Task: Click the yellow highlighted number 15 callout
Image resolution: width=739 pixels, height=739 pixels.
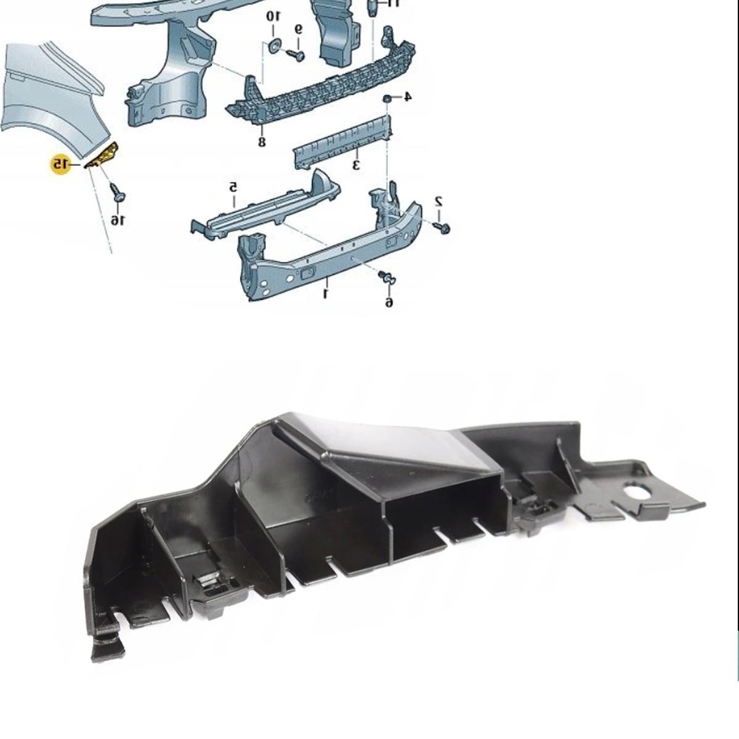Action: (60, 164)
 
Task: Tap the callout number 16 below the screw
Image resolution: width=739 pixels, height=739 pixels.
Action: (118, 220)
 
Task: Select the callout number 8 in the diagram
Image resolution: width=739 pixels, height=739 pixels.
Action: (262, 142)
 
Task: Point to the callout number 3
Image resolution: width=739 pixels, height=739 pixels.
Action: (356, 165)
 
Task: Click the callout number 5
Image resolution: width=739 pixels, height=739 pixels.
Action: (233, 188)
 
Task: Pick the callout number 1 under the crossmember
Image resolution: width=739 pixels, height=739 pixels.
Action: (326, 294)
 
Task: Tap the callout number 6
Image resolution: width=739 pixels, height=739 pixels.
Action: (389, 302)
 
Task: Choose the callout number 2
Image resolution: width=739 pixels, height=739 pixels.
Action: (438, 201)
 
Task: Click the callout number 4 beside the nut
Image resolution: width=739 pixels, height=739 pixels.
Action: (407, 97)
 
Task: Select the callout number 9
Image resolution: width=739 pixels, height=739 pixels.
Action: (299, 29)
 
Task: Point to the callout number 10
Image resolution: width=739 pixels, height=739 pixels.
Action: (273, 17)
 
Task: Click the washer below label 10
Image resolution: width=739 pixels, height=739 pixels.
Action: (274, 46)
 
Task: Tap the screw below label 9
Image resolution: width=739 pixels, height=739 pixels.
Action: (296, 55)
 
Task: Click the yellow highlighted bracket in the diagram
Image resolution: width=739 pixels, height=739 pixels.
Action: (103, 155)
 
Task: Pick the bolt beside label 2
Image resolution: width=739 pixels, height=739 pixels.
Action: (442, 227)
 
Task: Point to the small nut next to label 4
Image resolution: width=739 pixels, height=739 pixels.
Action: (387, 98)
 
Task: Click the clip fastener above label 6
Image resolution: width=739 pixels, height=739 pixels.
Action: (387, 278)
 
